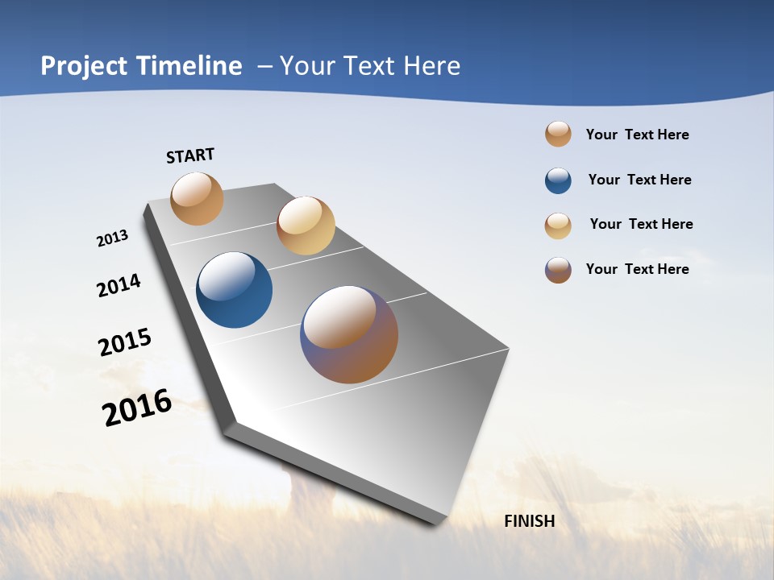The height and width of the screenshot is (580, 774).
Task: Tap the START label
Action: coord(190,155)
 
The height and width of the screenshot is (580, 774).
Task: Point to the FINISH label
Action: coord(530,521)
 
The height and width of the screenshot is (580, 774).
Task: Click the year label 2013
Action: coord(112,239)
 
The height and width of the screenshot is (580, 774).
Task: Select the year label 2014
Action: coord(119,285)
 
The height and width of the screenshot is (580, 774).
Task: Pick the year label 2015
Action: coord(125,342)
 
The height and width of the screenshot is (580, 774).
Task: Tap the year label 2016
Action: coord(137,408)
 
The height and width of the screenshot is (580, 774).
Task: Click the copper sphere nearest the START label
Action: coord(197,198)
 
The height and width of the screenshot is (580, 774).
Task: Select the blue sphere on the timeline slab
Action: coord(235,290)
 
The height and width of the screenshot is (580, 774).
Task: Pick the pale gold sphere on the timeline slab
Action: coord(306,226)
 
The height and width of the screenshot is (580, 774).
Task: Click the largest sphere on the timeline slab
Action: coord(349,334)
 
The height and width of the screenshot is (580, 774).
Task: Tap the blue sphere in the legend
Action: coord(558,180)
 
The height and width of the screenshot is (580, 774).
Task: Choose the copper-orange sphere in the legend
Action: coord(558,135)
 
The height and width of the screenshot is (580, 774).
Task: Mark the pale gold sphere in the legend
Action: coord(558,226)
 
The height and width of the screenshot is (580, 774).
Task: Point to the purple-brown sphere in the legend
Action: coord(558,270)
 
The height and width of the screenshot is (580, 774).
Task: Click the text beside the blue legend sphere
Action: coord(639,180)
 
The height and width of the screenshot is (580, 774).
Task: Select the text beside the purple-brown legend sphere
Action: coord(637,269)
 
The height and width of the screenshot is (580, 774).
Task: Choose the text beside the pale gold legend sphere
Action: coord(641,224)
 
